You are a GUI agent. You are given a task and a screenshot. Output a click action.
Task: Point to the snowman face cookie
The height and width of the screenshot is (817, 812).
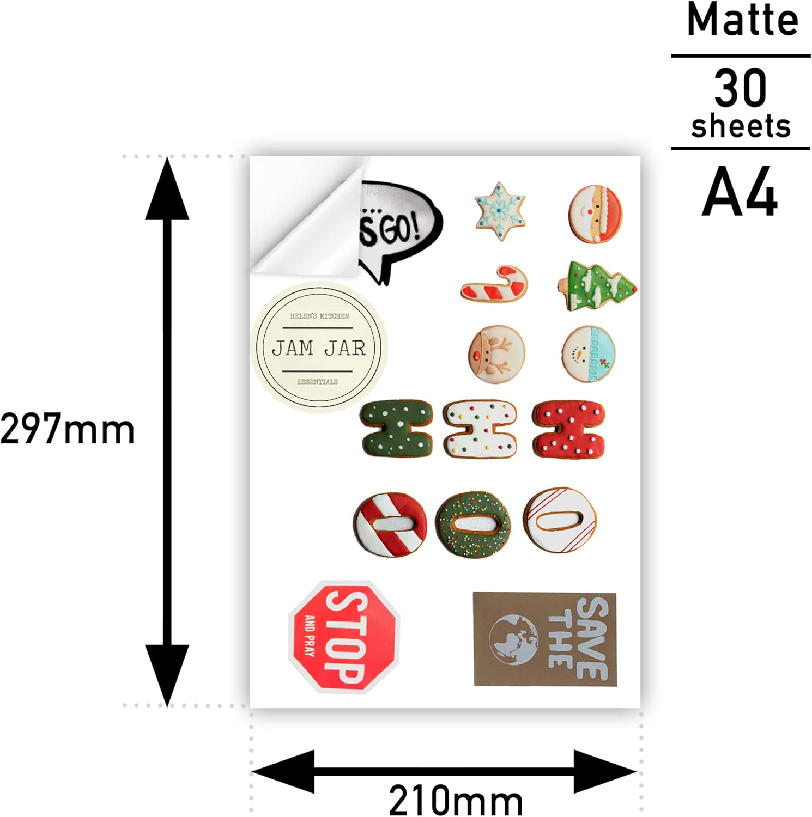pos(589,354)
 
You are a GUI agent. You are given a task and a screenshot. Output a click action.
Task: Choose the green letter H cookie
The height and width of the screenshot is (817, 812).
pos(397,429)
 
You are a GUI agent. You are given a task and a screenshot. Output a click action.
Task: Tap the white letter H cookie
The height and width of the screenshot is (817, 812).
pos(480,429)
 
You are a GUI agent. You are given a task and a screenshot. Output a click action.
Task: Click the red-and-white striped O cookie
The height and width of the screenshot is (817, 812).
pos(389,525)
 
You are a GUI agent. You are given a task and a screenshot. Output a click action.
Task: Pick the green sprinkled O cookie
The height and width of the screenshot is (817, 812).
pos(473,524)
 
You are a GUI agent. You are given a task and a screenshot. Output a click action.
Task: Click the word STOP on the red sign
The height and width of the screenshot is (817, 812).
pos(346,637)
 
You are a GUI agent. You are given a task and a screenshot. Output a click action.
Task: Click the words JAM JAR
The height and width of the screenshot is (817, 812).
pos(319,348)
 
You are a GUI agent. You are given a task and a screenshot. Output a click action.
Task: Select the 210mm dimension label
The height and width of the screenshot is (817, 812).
pos(456,800)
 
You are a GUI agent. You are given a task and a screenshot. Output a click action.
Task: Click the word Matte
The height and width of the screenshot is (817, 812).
pos(742,21)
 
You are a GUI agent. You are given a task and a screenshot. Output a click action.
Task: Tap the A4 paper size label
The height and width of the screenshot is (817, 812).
pos(740,192)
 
